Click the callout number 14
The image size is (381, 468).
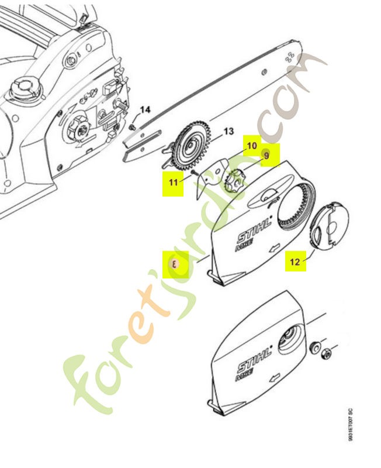coord(145,109)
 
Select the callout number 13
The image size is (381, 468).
coord(228,131)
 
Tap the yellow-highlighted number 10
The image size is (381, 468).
coord(251,145)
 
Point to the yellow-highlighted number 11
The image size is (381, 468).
coord(174,182)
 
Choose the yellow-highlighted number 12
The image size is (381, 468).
coord(295,261)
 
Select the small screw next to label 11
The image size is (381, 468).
coord(192,173)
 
